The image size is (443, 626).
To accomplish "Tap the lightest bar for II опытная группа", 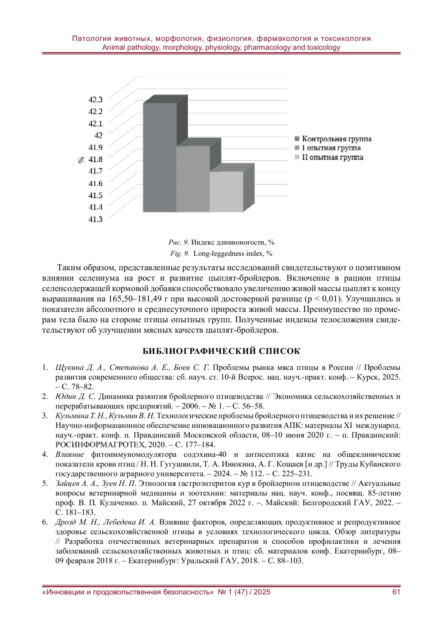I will (x=226, y=191).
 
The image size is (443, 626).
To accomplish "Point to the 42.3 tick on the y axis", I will (x=95, y=100).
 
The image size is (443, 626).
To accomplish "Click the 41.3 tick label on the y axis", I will (x=95, y=219).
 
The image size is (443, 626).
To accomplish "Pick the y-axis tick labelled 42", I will (x=98, y=135).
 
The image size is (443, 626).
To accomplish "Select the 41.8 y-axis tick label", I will (x=95, y=159).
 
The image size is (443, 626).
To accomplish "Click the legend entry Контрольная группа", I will (x=336, y=139).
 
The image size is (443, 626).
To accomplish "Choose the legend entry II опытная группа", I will (x=332, y=158).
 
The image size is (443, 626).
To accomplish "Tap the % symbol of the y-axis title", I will (x=81, y=160).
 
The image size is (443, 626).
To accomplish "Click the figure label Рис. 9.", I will (x=179, y=242).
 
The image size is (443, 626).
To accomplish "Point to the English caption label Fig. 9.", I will (x=180, y=253).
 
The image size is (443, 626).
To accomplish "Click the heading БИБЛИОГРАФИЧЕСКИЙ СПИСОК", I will (x=221, y=351).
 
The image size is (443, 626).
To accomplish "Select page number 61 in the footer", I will (x=396, y=592).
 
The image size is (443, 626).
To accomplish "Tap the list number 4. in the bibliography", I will (x=45, y=454).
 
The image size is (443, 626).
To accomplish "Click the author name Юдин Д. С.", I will (x=75, y=397).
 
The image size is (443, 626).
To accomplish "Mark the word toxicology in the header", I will (x=323, y=48).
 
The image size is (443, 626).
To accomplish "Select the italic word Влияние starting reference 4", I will (x=70, y=454).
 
